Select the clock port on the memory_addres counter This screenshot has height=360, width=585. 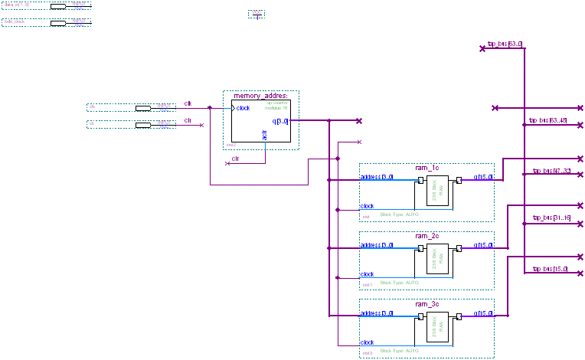(x=243, y=108)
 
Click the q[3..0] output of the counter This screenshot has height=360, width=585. (x=279, y=121)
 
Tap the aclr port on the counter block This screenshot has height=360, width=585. (x=265, y=136)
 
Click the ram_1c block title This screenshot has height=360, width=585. (x=426, y=168)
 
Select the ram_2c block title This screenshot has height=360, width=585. (x=426, y=236)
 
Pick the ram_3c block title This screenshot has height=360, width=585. (x=426, y=304)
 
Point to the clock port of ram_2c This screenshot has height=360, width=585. (x=368, y=274)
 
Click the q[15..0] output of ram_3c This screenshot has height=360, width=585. (x=483, y=313)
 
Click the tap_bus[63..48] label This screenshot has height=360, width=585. (x=548, y=120)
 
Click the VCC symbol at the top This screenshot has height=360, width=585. (x=257, y=14)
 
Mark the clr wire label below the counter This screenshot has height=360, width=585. (x=235, y=158)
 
